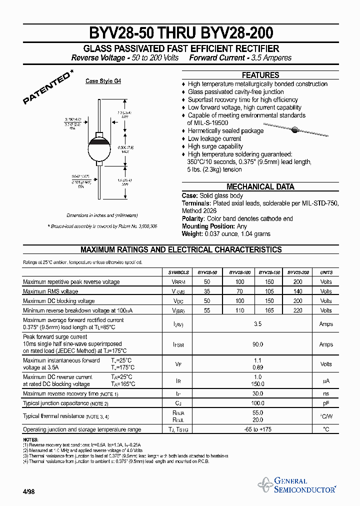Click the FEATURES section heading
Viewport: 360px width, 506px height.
point(260,75)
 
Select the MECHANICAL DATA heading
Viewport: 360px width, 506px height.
point(260,186)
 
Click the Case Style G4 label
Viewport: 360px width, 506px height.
point(103,81)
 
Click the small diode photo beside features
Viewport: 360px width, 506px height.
point(295,129)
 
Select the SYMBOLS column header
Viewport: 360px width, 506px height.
point(178,272)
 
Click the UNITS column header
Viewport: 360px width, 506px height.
point(326,272)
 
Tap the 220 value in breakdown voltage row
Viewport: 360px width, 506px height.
point(298,310)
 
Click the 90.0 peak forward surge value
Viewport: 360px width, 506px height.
point(258,344)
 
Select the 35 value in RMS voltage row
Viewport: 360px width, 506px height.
point(207,291)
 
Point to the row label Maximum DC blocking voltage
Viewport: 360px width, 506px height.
point(58,301)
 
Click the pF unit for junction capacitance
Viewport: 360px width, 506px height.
point(326,402)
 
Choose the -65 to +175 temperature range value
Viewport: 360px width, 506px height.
point(258,429)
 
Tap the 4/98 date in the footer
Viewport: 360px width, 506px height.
point(28,491)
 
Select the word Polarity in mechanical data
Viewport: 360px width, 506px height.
point(192,218)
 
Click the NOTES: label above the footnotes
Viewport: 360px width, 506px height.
point(31,439)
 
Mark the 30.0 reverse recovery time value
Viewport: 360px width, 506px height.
point(258,393)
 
